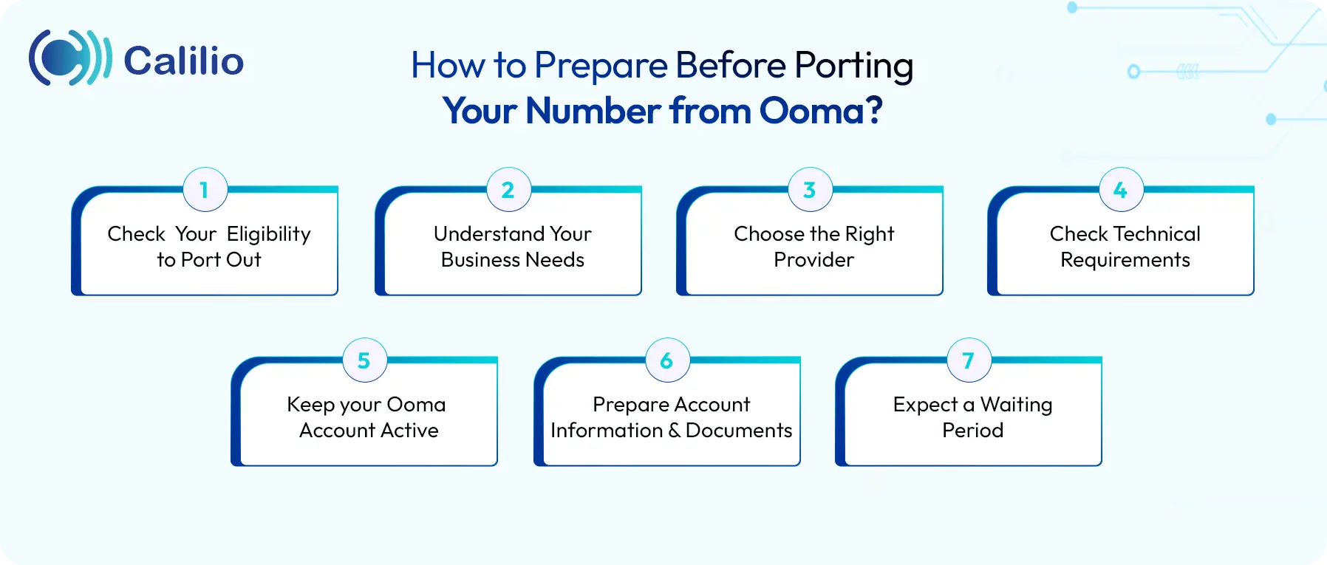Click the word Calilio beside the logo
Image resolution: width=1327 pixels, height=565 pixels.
pyautogui.click(x=183, y=61)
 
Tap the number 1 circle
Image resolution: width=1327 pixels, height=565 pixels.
pyautogui.click(x=205, y=190)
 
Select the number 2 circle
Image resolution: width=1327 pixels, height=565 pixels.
pyautogui.click(x=508, y=190)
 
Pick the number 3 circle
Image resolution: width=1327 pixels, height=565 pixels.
pyautogui.click(x=810, y=190)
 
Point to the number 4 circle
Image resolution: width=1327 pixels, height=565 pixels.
pyautogui.click(x=1121, y=190)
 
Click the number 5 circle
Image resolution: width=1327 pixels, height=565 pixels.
pyautogui.click(x=364, y=360)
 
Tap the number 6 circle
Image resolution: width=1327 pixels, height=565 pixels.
pyautogui.click(x=667, y=360)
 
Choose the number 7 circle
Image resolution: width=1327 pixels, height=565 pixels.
pyautogui.click(x=969, y=360)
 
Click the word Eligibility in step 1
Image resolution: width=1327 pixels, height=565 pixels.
pyautogui.click(x=268, y=235)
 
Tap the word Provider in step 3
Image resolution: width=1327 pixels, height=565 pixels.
pyautogui.click(x=813, y=260)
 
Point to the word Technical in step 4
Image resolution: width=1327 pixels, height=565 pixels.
pyautogui.click(x=1156, y=234)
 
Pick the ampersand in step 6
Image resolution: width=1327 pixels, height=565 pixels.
pyautogui.click(x=674, y=431)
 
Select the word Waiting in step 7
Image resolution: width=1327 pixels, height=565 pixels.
pyautogui.click(x=1016, y=405)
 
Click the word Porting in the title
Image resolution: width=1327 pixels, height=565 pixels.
pyautogui.click(x=853, y=66)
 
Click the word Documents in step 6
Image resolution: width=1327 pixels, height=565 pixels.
pyautogui.click(x=738, y=431)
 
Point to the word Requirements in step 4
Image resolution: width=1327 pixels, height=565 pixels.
pyautogui.click(x=1125, y=260)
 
